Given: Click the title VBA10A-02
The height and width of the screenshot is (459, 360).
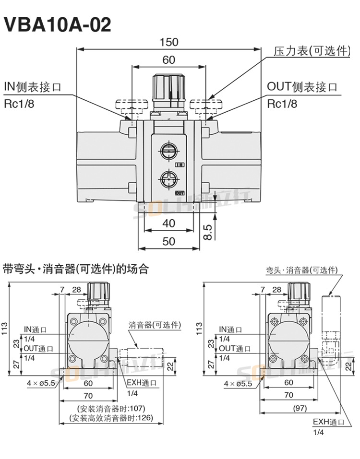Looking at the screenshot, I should point(57,24).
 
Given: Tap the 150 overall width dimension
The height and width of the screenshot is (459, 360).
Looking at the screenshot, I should point(169,42).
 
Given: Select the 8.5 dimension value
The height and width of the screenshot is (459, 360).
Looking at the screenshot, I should point(207,231).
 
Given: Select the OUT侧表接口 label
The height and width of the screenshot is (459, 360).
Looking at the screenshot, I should point(302,87).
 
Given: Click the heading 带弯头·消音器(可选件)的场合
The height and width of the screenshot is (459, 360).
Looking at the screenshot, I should point(76,269).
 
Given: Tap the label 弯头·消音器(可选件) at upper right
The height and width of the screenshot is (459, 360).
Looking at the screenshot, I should point(302,271).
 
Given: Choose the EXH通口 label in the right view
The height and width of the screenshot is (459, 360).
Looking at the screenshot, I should point(329,422).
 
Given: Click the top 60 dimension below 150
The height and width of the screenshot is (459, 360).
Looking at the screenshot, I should point(169,60).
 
